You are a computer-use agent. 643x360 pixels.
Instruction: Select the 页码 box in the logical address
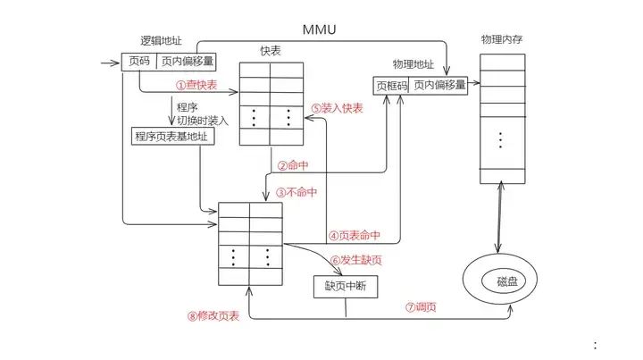pyautogui.click(x=138, y=62)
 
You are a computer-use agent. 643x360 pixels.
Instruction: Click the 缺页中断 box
pyautogui.click(x=347, y=287)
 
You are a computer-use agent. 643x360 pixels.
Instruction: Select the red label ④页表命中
pyautogui.click(x=355, y=236)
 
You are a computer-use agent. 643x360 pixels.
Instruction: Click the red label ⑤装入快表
pyautogui.click(x=338, y=107)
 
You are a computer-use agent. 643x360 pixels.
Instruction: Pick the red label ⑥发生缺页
pyautogui.click(x=355, y=260)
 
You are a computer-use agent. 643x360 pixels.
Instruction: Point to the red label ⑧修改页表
pyautogui.click(x=213, y=315)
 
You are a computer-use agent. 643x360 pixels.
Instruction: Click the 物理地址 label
pyautogui.click(x=412, y=65)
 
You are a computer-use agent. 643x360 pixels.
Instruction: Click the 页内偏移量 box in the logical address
pyautogui.click(x=186, y=62)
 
